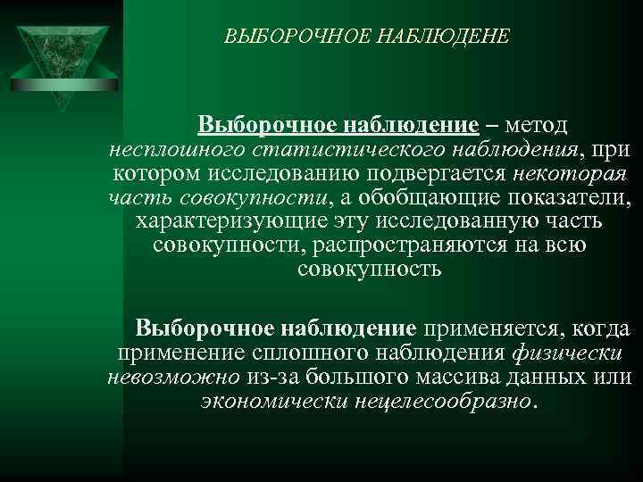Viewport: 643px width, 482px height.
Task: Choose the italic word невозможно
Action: point(170,377)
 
